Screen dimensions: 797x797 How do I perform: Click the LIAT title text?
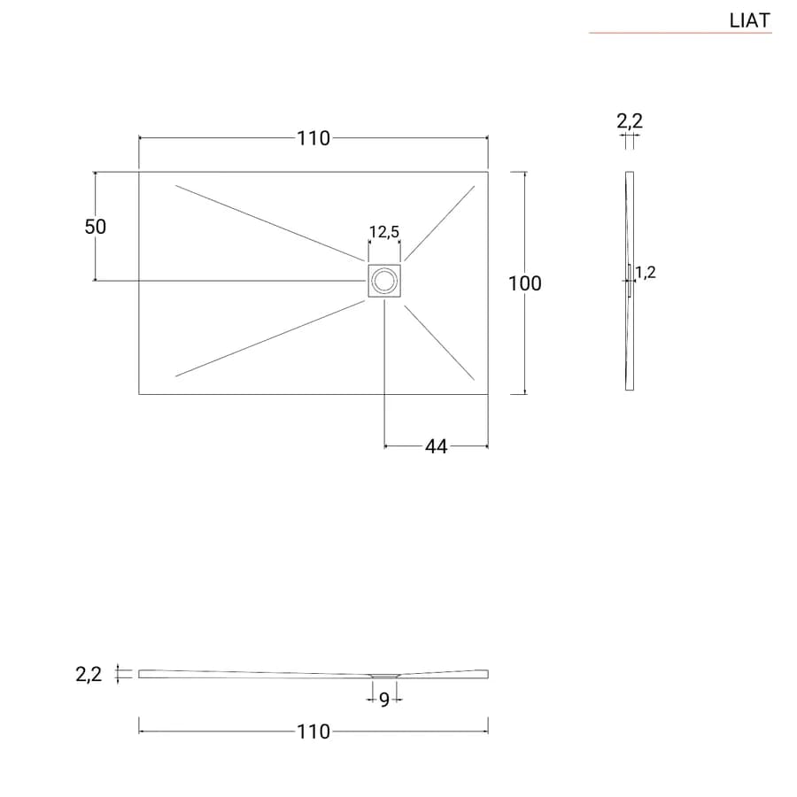coord(750,20)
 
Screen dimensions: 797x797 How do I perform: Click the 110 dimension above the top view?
coord(313,138)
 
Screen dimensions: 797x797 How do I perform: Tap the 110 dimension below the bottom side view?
coord(313,732)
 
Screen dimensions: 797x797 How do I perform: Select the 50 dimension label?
coord(96,227)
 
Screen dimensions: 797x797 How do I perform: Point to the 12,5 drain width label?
coord(384,232)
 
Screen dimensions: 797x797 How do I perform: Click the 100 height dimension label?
coord(525,283)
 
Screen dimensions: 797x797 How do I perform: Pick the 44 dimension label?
coord(436,447)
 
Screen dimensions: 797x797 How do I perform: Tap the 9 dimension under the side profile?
coord(384,700)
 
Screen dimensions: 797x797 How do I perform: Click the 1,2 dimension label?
coord(646,273)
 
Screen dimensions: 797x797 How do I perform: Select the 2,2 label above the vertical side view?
coord(630,121)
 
